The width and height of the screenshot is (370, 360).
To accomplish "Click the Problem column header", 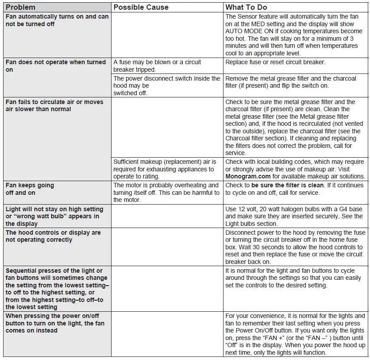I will pos(21,8).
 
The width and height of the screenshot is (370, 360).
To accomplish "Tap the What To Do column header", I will pos(246,8).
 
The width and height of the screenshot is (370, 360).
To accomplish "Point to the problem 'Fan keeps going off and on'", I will pos(30,189).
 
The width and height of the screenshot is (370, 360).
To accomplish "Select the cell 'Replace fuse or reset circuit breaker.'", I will pos(275,62).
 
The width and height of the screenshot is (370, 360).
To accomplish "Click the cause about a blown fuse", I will pos(157,66).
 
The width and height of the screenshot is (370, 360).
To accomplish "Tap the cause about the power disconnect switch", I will pos(166,85).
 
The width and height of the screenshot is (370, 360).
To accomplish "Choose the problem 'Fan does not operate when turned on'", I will pos(56,66).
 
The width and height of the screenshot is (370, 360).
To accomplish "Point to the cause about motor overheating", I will pos(166,193).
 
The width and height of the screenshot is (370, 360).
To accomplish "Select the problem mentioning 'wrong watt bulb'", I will pos(54,217).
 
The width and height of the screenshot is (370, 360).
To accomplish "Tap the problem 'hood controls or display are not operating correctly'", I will pos(53,236).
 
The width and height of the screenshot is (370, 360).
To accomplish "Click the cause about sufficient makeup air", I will pos(165,169).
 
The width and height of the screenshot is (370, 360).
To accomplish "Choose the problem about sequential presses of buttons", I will pos(57,289).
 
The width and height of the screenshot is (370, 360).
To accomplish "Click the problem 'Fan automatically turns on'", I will pos(57,20).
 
